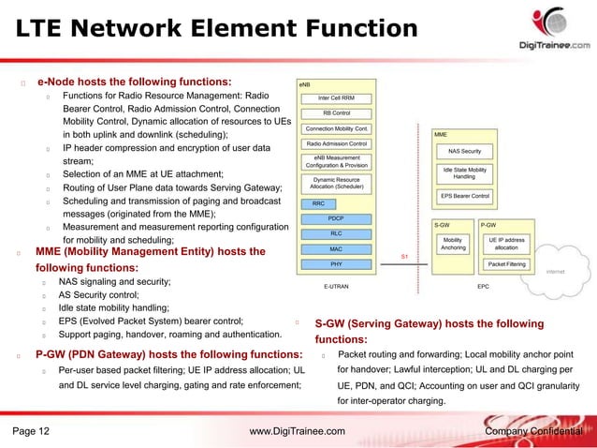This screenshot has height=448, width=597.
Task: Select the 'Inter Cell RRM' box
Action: [x=336, y=97]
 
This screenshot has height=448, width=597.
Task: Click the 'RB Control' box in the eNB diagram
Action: [x=336, y=112]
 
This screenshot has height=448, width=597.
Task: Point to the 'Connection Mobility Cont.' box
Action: [x=336, y=128]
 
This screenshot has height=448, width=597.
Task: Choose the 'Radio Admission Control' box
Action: [x=336, y=143]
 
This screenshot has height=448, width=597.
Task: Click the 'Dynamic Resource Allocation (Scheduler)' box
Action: [x=336, y=184]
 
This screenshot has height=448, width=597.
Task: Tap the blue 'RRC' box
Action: [x=318, y=202]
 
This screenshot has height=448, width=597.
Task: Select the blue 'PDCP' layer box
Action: [x=336, y=217]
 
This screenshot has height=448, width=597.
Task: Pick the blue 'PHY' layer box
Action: [x=336, y=265]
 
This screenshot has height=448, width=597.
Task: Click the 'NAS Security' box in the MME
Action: [x=464, y=151]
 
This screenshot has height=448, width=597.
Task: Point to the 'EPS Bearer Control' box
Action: [x=464, y=196]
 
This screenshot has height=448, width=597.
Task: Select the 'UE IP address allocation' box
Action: [x=505, y=244]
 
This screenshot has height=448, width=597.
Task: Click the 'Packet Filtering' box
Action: [x=505, y=265]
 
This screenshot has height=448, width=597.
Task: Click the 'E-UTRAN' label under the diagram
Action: [x=336, y=285]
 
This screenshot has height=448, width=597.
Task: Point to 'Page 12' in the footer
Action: [x=32, y=431]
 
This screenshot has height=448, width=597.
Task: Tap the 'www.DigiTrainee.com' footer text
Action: [x=298, y=431]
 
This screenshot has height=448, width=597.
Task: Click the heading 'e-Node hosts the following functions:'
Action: [x=134, y=82]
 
